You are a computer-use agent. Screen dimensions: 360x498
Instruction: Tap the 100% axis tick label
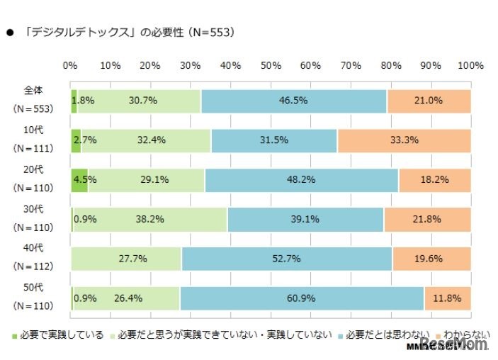pos(470,65)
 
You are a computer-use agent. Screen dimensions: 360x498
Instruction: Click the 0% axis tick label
pos(70,65)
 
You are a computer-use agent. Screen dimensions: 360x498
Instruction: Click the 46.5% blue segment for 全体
pos(293,101)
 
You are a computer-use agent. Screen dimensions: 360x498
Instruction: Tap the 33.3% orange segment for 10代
pos(404,140)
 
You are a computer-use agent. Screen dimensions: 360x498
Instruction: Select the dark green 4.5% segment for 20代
pos(79,180)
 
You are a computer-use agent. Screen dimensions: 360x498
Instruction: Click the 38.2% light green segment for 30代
pos(150,220)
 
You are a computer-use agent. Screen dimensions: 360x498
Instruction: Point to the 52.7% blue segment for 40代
pos(286,259)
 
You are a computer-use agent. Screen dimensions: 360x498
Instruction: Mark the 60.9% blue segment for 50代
pos(302,298)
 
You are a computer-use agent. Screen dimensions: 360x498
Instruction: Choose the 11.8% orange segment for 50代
pos(447,298)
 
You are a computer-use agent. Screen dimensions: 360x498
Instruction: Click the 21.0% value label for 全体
pos(429,101)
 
